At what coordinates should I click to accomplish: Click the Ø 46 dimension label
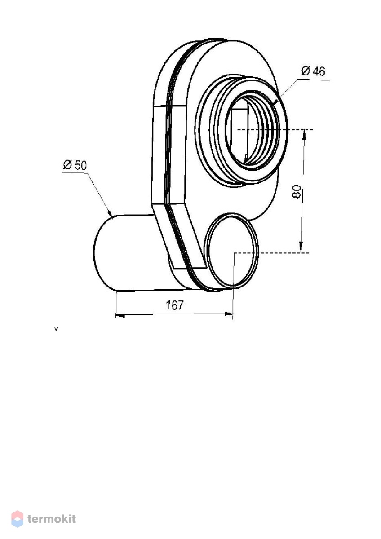[313, 71]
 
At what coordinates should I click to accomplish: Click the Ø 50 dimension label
[75, 165]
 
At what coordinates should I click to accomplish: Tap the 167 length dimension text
[175, 305]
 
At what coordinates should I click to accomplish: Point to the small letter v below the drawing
[56, 329]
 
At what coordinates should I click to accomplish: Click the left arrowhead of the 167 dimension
[120, 315]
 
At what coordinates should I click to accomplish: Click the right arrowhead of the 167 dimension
[229, 314]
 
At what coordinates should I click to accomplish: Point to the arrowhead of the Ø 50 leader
[110, 213]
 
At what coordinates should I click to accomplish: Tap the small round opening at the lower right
[232, 251]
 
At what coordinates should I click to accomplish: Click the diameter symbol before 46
[305, 71]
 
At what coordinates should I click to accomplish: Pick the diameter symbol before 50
[67, 165]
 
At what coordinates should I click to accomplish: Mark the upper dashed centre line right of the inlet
[275, 130]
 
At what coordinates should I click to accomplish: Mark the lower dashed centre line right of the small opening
[271, 253]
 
